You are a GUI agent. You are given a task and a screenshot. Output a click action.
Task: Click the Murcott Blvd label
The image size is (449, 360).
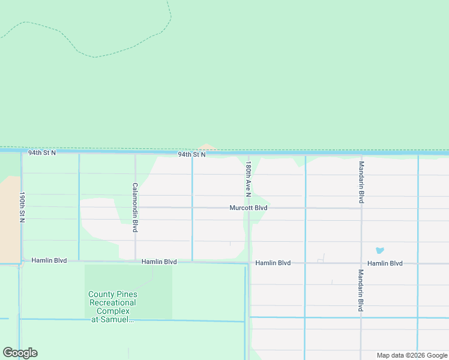(248, 208)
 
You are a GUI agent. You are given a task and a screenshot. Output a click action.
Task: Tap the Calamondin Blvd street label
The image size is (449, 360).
(135, 208)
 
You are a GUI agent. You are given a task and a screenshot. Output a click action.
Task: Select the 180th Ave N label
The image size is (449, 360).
(247, 178)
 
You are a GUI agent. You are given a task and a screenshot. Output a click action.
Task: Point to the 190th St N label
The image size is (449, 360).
(22, 207)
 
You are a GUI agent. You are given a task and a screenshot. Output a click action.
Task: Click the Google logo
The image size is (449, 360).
(20, 353)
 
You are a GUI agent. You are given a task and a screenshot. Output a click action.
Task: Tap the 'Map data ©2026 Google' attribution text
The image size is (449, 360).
(412, 355)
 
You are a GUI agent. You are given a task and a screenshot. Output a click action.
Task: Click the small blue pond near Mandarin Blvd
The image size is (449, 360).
(379, 250)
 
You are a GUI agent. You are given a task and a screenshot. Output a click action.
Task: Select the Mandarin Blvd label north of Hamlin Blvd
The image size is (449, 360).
(361, 182)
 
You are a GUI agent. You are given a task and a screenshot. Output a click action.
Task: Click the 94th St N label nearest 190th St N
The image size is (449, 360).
(42, 153)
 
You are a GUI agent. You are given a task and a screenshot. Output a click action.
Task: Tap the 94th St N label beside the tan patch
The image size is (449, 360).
(191, 155)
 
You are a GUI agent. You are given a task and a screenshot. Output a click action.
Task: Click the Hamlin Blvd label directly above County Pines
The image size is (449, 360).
(159, 262)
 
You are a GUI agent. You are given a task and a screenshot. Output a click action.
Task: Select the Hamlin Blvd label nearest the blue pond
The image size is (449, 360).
(385, 263)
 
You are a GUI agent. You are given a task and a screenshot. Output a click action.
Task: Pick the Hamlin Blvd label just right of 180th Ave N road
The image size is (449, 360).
(273, 263)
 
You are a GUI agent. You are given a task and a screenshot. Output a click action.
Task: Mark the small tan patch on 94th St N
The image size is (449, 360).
(207, 148)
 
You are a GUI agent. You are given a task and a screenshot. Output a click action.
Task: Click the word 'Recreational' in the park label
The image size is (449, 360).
(113, 303)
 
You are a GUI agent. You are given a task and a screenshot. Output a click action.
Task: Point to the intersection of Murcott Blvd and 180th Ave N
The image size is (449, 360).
(248, 208)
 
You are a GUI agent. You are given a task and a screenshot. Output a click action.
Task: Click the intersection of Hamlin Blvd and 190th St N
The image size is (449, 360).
(22, 262)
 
